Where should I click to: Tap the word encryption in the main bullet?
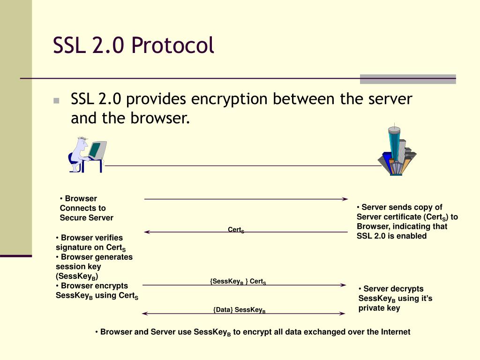click(x=230, y=99)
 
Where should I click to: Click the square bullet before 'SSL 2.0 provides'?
click(x=57, y=100)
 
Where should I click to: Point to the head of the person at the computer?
click(x=82, y=143)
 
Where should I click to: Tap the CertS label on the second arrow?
click(x=236, y=230)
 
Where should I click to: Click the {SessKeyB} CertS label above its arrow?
click(x=238, y=281)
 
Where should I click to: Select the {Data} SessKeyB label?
click(x=239, y=310)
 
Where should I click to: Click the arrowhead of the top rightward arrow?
click(x=345, y=199)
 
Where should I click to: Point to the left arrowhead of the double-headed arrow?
click(x=144, y=313)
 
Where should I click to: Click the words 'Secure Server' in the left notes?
click(x=86, y=217)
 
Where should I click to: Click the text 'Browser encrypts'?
click(x=94, y=285)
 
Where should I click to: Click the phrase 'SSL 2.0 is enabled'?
click(x=391, y=236)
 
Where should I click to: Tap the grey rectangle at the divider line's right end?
click(x=407, y=79)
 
